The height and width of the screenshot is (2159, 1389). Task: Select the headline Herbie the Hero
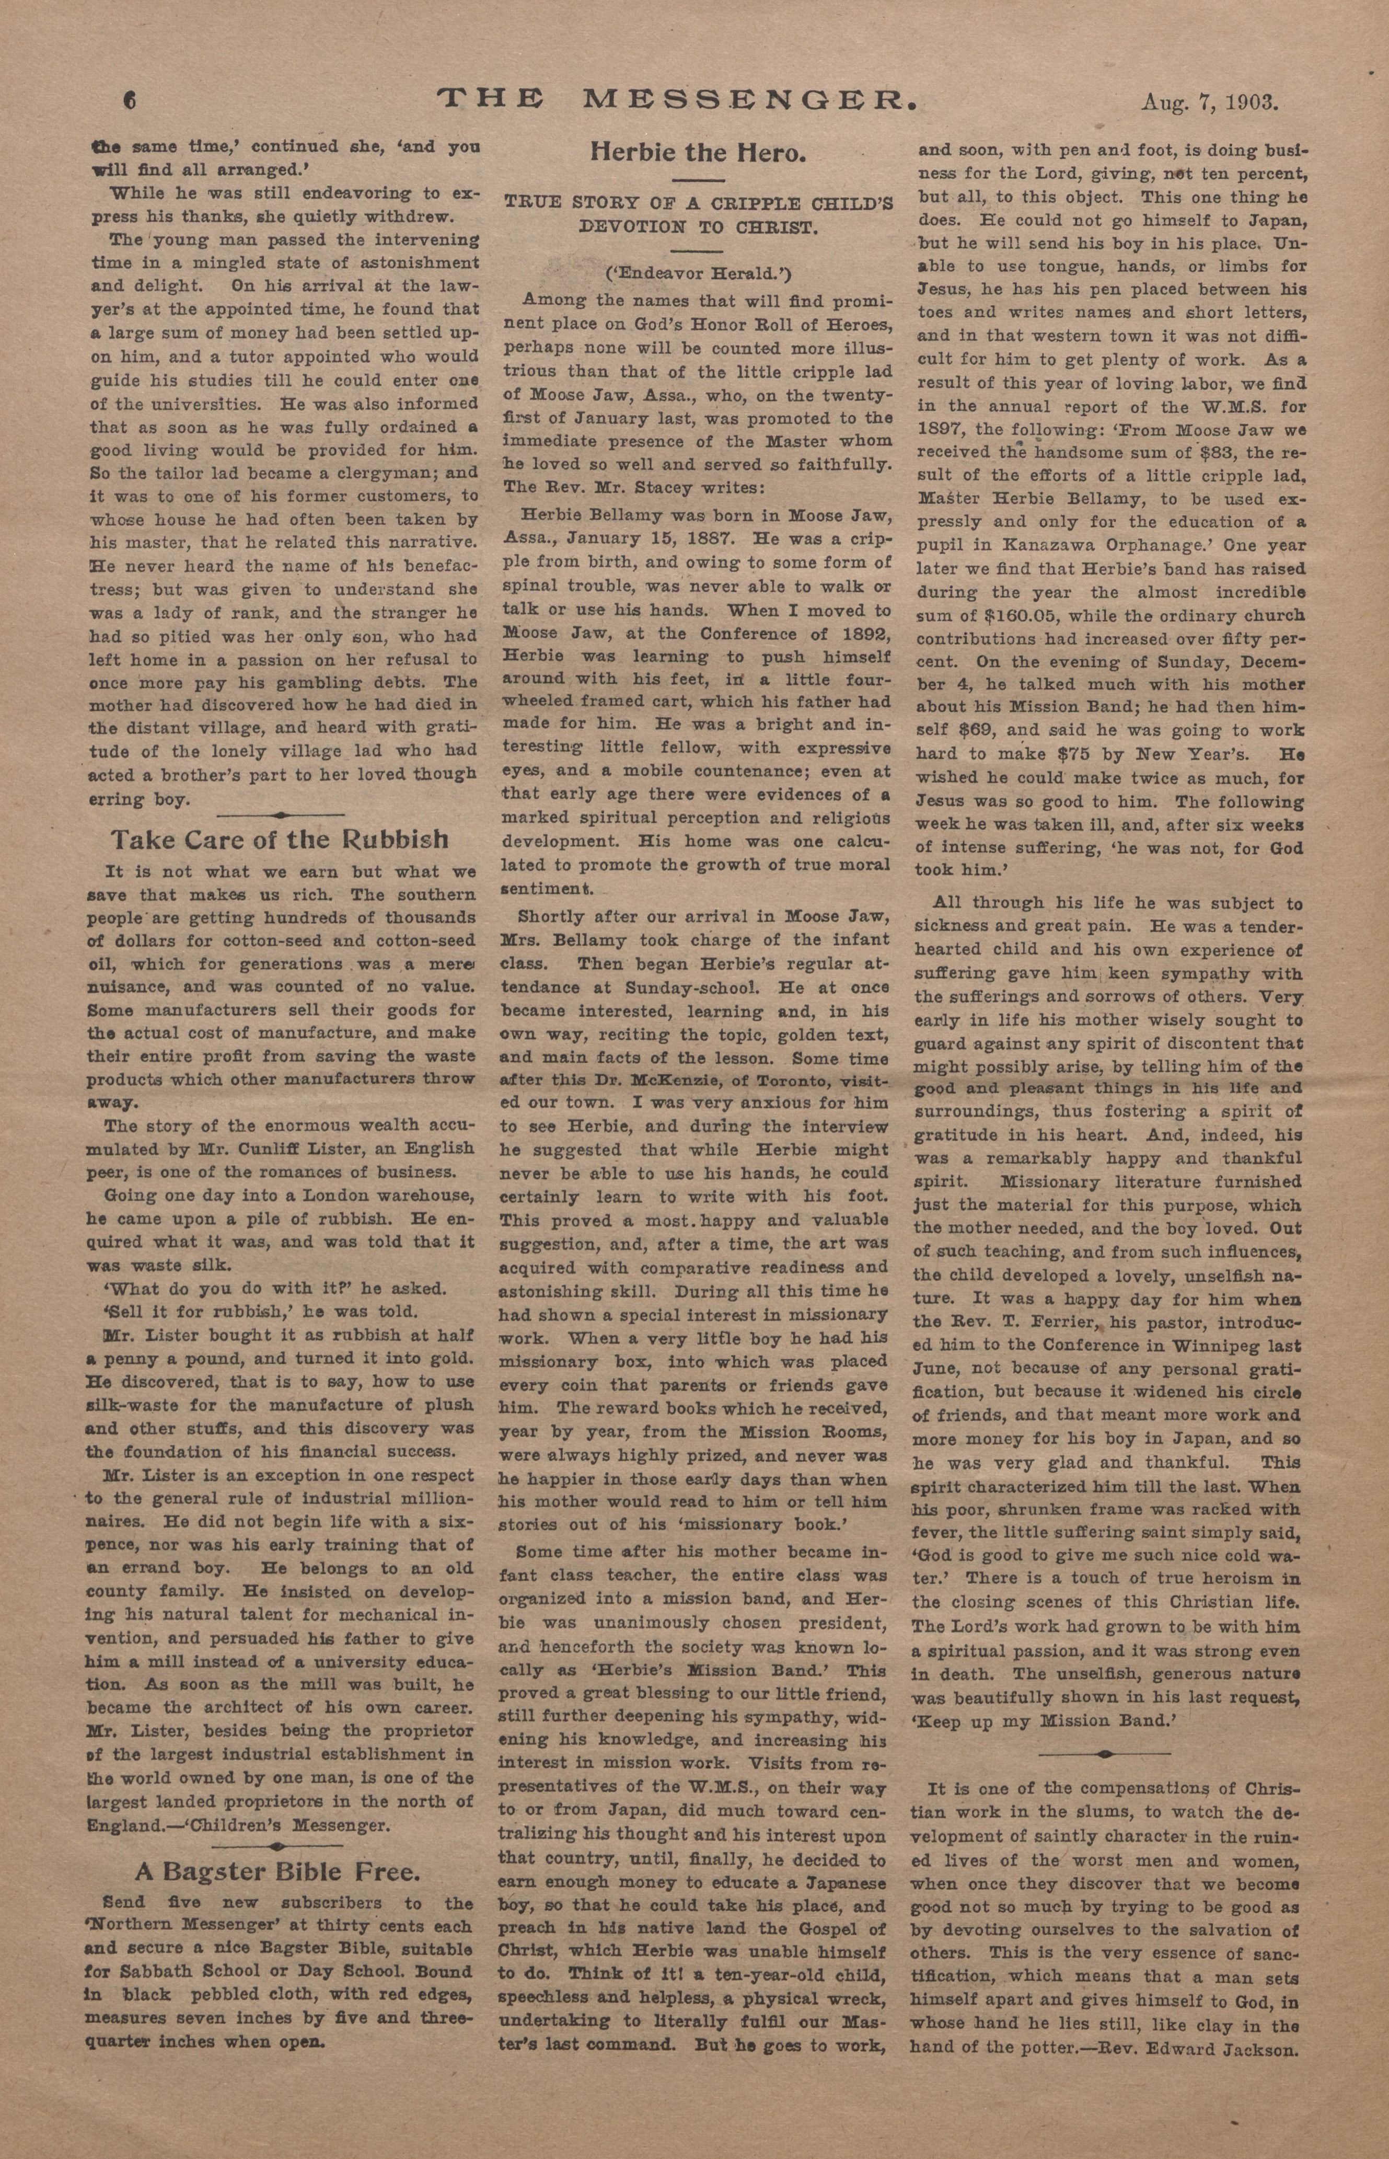pyautogui.click(x=697, y=153)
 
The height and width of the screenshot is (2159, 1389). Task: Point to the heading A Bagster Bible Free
pyautogui.click(x=278, y=1847)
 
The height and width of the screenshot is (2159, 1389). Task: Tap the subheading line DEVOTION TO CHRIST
pyautogui.click(x=697, y=226)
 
